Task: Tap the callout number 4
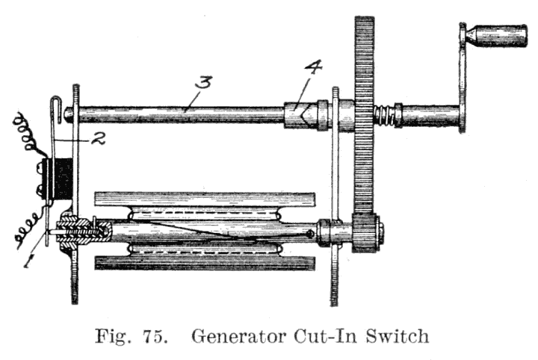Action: click(313, 69)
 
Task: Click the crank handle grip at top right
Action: click(497, 35)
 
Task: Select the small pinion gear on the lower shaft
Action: click(366, 232)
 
